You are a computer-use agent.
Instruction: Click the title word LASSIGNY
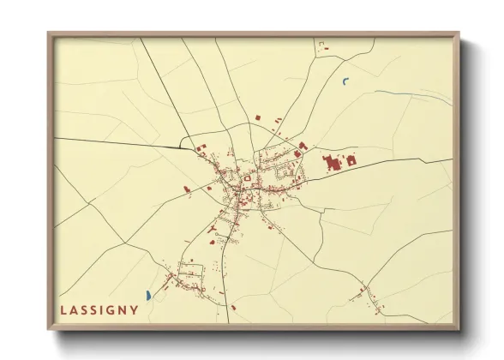[x=99, y=309]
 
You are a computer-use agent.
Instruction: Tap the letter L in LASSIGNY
[x=63, y=309]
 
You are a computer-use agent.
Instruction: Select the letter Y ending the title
[x=135, y=309]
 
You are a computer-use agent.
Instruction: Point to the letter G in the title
[x=111, y=309]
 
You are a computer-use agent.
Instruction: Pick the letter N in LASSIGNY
[x=123, y=309]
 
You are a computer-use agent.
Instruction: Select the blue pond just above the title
[x=148, y=296]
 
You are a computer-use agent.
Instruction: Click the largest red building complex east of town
[x=333, y=161]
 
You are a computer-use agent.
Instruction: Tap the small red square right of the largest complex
[x=351, y=159]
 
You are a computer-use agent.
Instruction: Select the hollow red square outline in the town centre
[x=247, y=178]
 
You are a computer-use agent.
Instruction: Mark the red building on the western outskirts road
[x=186, y=189]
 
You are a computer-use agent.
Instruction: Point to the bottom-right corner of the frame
[x=458, y=329]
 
